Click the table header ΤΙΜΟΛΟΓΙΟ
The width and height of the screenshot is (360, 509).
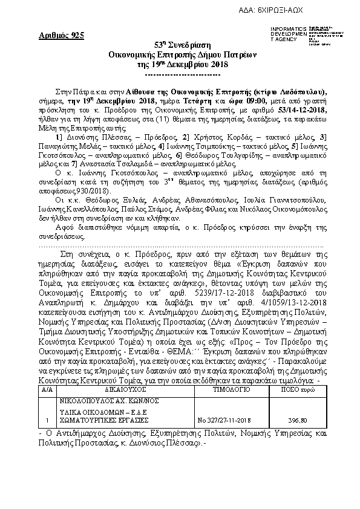226,392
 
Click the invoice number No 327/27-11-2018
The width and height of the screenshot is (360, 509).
226,420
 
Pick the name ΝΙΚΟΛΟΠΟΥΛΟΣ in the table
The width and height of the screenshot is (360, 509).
82,400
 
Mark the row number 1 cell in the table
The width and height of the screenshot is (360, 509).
47,420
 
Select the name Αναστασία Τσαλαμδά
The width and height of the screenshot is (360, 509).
108,164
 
